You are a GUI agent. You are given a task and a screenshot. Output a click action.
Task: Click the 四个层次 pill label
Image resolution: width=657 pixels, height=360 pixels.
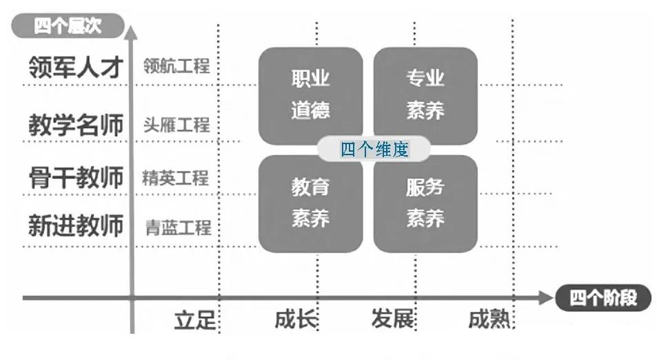68,27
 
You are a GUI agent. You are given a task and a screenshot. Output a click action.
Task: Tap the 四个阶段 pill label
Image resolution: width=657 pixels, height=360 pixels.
600,298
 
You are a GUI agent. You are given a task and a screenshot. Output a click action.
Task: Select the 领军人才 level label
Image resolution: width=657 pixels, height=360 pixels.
76,67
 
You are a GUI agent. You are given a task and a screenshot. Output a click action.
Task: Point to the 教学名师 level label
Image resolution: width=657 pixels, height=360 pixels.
76,125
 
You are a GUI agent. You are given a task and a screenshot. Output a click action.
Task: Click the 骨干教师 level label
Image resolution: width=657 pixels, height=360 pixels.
76,177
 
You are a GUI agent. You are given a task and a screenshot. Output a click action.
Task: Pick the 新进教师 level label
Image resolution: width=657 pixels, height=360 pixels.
76,226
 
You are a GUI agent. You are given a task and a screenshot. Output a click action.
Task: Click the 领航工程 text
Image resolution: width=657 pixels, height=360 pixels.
176,66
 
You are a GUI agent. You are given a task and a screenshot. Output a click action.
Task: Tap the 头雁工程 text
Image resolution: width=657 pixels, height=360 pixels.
176,125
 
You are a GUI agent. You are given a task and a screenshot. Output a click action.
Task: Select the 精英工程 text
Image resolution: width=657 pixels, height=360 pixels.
176,178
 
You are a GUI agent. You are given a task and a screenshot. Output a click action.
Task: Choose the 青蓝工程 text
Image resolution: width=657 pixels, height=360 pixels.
178,226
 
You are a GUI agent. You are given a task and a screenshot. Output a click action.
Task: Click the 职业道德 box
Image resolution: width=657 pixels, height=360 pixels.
310,94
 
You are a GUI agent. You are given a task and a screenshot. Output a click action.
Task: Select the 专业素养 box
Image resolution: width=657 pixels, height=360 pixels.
425,94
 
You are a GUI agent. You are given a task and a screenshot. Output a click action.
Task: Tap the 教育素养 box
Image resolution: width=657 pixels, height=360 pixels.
310,203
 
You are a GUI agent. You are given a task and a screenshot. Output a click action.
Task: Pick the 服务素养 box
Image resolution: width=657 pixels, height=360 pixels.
425,203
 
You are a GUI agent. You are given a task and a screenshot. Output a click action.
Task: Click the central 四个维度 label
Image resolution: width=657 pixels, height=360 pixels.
374,150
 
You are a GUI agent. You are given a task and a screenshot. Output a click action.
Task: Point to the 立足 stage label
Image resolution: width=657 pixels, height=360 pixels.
194,321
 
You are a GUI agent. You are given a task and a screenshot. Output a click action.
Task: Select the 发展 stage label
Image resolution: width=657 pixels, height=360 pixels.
392,320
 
